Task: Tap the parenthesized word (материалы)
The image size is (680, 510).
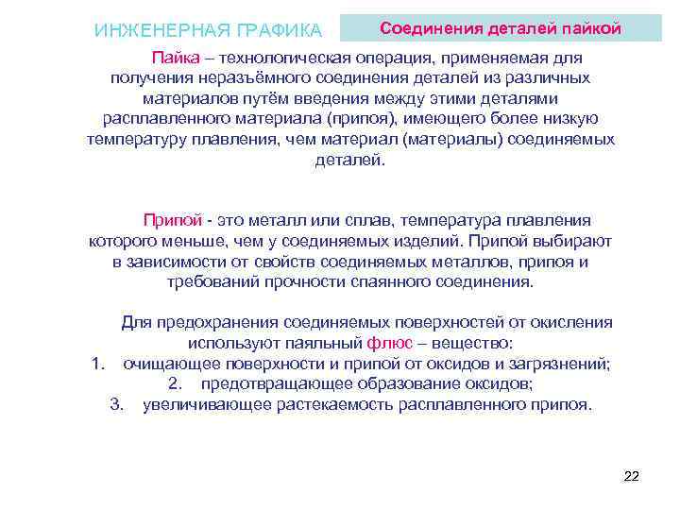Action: (x=456, y=140)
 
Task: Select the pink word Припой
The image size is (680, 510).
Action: (x=172, y=220)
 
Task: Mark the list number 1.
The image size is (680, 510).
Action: (x=97, y=364)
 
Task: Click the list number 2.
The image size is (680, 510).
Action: (x=174, y=384)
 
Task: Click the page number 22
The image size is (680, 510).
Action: (x=632, y=476)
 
